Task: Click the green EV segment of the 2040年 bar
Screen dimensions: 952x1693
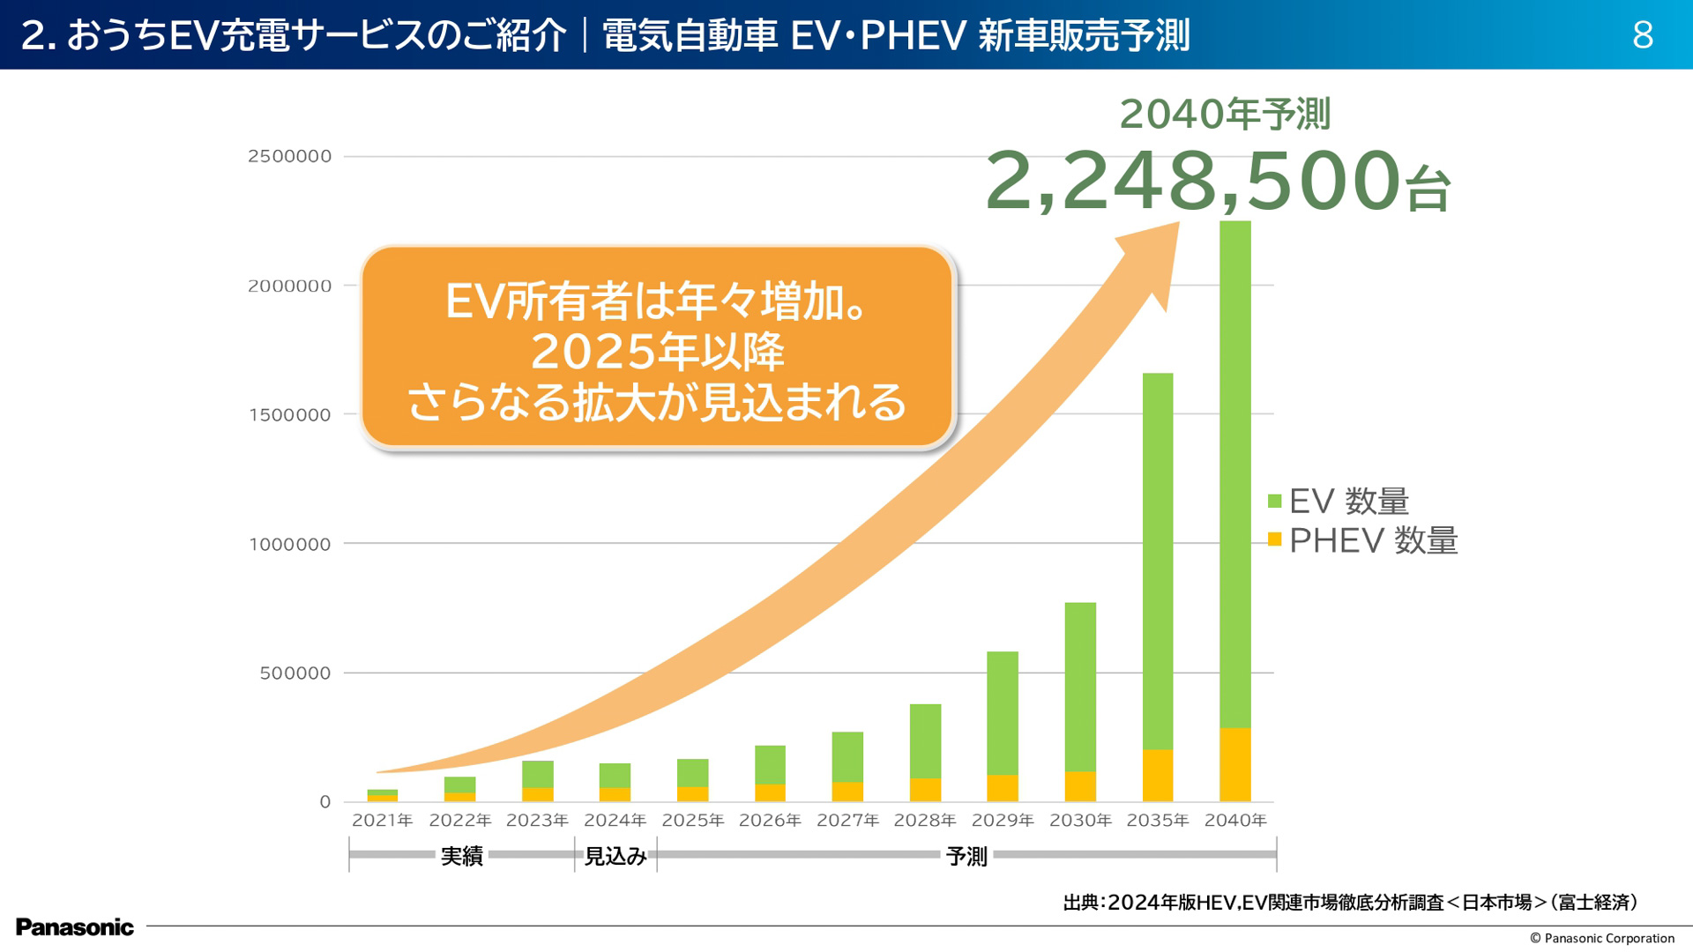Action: click(x=1234, y=476)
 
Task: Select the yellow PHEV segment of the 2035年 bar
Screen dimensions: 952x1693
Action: click(x=1158, y=776)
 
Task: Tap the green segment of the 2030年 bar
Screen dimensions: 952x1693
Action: click(x=1080, y=688)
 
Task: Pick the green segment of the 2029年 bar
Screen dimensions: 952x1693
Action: click(x=1003, y=714)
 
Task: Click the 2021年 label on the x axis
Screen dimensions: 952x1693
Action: click(x=383, y=821)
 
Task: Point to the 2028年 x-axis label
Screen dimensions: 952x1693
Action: click(x=925, y=821)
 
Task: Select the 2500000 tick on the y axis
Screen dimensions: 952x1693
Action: click(x=289, y=157)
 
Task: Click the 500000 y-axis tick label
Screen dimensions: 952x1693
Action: click(x=295, y=673)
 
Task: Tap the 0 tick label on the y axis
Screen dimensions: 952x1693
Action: click(x=325, y=802)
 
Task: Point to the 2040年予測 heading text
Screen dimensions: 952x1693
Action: click(x=1224, y=115)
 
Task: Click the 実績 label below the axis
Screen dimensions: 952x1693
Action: click(x=461, y=856)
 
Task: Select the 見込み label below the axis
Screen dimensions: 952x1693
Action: click(x=615, y=856)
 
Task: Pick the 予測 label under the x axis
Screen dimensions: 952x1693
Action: click(x=966, y=856)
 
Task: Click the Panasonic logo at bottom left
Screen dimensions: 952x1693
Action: click(x=75, y=927)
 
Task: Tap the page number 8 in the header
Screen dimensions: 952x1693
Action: click(x=1642, y=35)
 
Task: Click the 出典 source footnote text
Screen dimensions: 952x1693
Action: click(x=1349, y=903)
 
